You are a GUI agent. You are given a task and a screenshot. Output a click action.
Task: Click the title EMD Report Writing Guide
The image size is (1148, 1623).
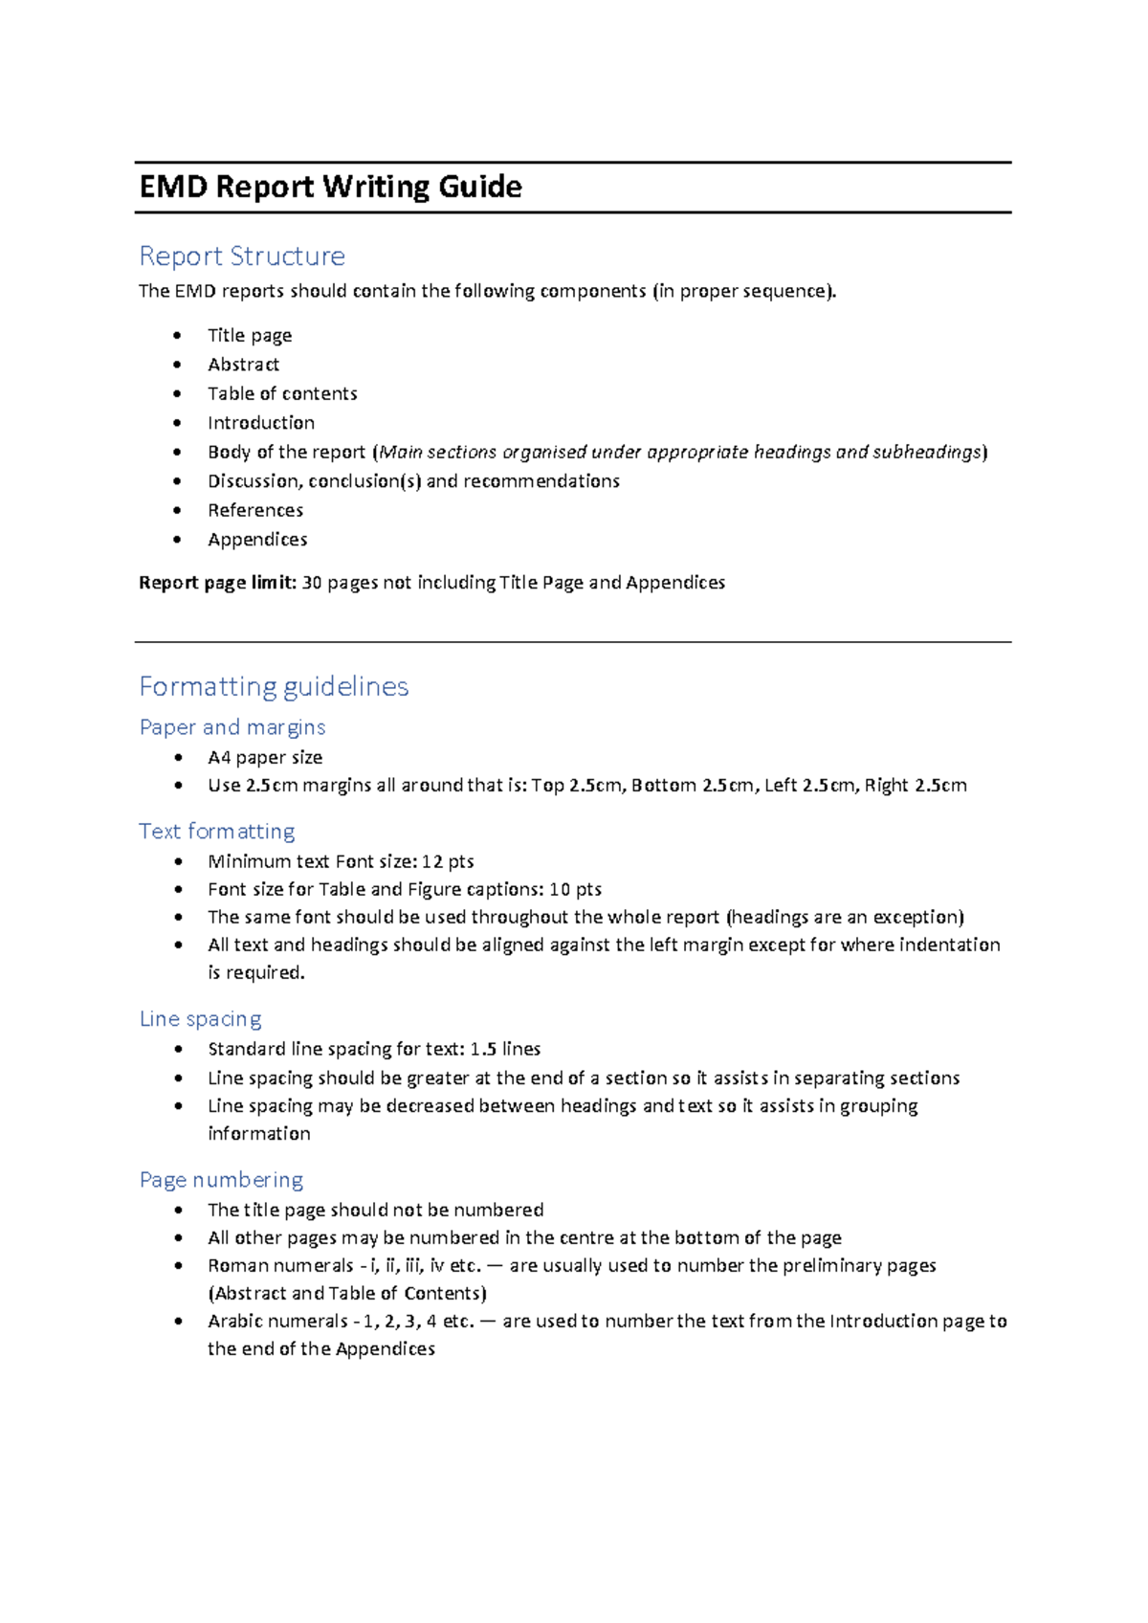(330, 187)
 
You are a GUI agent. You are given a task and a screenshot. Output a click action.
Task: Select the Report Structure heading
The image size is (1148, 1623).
(242, 256)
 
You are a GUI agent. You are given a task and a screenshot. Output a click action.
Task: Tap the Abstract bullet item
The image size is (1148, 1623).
(243, 365)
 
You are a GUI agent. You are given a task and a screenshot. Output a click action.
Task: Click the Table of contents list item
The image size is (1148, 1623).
(282, 393)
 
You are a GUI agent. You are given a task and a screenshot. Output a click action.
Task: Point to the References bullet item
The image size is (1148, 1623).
(255, 510)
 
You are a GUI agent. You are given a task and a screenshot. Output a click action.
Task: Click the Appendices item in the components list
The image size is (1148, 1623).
(257, 540)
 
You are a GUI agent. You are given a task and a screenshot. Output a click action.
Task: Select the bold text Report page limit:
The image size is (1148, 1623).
(217, 583)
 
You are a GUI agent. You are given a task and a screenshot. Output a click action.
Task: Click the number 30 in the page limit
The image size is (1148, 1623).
(312, 583)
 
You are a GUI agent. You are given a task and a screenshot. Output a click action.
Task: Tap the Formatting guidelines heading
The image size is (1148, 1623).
(274, 686)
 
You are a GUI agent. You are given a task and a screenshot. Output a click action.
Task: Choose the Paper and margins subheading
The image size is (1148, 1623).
(232, 727)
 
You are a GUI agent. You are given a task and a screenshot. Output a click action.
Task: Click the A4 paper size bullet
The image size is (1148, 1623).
(265, 757)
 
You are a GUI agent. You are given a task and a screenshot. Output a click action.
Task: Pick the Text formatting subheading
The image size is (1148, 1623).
(216, 831)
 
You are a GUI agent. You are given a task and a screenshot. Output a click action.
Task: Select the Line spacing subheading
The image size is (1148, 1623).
(200, 1018)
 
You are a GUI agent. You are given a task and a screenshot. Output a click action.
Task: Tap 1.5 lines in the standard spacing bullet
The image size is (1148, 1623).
(505, 1049)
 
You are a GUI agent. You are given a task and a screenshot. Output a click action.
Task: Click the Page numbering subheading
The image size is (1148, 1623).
(221, 1179)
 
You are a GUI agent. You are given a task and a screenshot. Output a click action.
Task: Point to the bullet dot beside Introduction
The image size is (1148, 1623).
(177, 423)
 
